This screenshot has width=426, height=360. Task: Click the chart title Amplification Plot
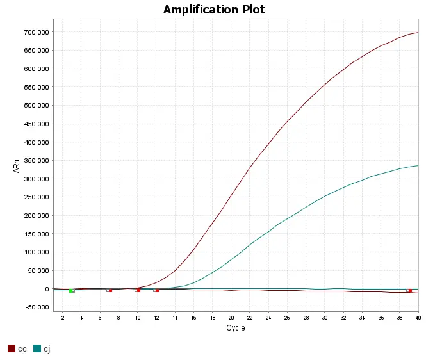(x=213, y=10)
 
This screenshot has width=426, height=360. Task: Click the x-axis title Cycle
(x=235, y=328)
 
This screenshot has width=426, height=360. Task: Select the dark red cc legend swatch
(x=11, y=348)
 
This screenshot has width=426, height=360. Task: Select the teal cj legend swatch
(x=37, y=348)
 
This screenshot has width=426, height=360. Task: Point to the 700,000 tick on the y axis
(x=37, y=32)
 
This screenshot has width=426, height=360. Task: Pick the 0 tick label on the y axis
(x=47, y=289)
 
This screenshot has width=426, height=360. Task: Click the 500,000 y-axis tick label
(x=37, y=105)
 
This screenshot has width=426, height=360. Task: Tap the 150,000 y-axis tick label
(x=37, y=234)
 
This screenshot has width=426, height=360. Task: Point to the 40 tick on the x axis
(x=418, y=318)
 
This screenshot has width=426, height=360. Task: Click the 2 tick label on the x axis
(x=62, y=318)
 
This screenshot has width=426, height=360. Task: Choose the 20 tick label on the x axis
(x=231, y=318)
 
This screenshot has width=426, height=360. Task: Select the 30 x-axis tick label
(x=325, y=318)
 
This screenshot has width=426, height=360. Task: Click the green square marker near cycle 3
(x=72, y=291)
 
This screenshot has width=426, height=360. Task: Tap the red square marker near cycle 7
(x=110, y=290)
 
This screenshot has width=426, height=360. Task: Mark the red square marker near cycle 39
(x=410, y=291)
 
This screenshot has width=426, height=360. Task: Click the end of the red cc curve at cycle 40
(x=418, y=32)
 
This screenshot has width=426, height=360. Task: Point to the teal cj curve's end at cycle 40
(x=418, y=165)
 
